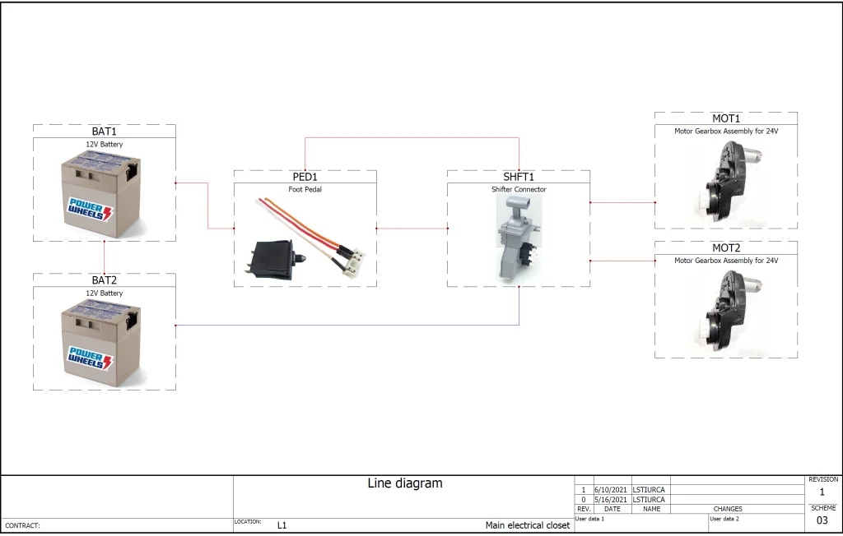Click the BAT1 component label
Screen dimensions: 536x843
point(105,132)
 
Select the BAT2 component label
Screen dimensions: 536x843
point(105,280)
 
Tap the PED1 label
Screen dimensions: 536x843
point(305,177)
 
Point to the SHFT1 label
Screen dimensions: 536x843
point(519,177)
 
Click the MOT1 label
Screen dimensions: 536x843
point(726,118)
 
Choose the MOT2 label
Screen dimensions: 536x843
point(726,247)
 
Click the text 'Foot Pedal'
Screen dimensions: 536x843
point(305,189)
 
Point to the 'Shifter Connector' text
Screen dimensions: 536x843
point(519,189)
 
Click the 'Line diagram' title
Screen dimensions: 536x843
point(404,483)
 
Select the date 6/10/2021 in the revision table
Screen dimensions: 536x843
point(610,489)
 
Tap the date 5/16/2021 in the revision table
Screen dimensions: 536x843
point(610,499)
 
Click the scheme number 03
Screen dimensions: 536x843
point(822,520)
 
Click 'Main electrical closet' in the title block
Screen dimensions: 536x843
point(527,525)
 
